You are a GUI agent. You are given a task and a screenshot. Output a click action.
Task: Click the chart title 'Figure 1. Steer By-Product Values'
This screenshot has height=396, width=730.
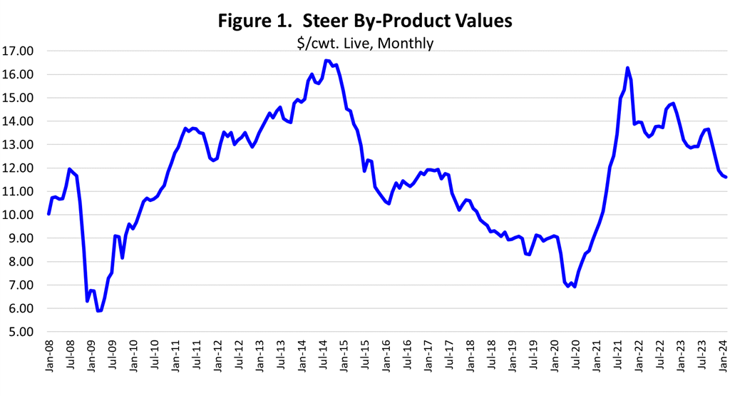(364, 21)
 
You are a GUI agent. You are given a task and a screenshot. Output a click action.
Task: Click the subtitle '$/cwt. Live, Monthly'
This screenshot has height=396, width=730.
(364, 43)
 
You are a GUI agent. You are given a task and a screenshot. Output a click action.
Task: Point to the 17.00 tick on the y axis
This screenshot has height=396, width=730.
(19, 51)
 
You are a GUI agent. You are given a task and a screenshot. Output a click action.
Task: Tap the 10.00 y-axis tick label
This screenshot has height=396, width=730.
(19, 215)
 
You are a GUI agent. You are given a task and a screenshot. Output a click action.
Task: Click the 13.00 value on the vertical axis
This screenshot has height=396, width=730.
(19, 145)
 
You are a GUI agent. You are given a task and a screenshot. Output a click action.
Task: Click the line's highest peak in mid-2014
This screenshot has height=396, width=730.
(326, 61)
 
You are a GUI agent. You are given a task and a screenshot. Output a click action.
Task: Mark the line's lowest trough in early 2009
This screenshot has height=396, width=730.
(98, 310)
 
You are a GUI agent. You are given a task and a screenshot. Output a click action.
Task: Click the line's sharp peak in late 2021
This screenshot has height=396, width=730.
(627, 68)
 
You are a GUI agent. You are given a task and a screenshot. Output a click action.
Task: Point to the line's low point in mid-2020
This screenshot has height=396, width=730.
(575, 287)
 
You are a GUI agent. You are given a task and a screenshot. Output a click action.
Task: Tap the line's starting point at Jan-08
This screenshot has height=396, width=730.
(48, 213)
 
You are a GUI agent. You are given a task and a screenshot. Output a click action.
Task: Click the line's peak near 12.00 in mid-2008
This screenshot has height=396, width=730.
(69, 169)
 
